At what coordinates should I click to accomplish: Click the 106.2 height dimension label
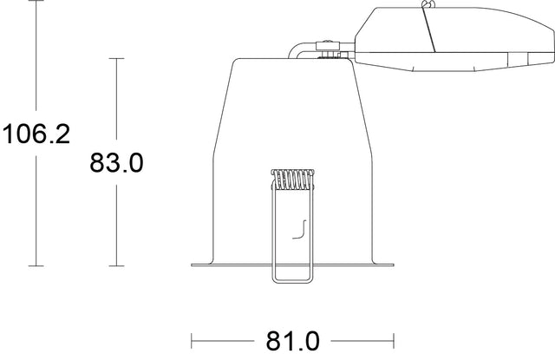point(36,134)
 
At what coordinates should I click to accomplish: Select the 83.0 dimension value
point(116,162)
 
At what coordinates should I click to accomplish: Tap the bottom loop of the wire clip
point(293,279)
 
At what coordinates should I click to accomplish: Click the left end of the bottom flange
point(193,264)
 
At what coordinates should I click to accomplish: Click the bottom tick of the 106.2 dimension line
point(36,265)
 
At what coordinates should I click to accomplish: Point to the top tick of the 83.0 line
point(116,58)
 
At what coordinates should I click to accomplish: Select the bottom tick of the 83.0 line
point(116,265)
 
